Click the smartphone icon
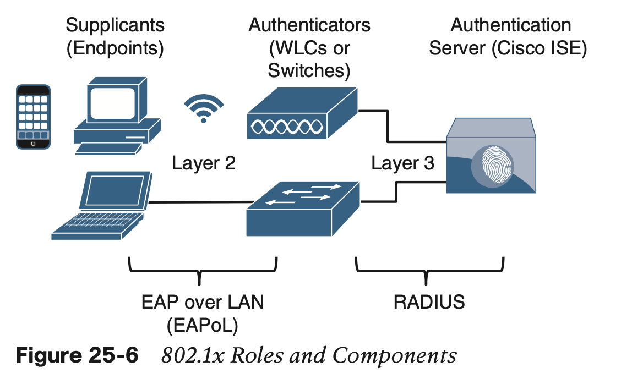coord(32,116)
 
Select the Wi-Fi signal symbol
coord(204,108)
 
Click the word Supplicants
coord(115,25)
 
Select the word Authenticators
coord(309,25)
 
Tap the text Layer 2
coord(204,163)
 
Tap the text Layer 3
coord(402,163)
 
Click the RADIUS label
coord(429,302)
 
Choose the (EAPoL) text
coord(202,326)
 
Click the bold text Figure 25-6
coord(77,355)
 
